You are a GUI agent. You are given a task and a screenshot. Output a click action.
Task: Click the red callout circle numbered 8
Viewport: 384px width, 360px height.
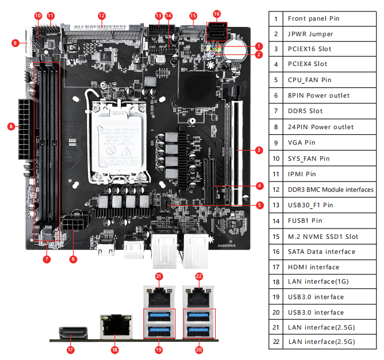(x=11, y=126)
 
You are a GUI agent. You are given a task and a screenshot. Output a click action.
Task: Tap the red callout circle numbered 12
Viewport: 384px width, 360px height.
(x=102, y=16)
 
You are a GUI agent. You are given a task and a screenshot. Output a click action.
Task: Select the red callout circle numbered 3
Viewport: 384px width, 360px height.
(x=259, y=150)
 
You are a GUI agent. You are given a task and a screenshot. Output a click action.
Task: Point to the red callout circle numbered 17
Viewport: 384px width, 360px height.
(x=71, y=349)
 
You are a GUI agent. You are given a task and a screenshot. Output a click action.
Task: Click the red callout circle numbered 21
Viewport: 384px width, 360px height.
(x=159, y=277)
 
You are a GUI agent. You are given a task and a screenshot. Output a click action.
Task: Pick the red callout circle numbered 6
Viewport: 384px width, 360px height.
(x=73, y=259)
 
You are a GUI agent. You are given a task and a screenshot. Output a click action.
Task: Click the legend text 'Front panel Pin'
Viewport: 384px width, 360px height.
(x=313, y=18)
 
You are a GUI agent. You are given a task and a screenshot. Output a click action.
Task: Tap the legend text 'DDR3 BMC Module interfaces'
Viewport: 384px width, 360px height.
(x=331, y=189)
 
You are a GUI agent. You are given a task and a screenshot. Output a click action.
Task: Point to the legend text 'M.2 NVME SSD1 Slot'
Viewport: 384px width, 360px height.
(x=323, y=236)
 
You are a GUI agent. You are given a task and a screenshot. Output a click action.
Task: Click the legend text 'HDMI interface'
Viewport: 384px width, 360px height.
(x=313, y=267)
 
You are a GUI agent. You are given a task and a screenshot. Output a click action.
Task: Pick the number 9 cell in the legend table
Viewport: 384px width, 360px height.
(x=276, y=142)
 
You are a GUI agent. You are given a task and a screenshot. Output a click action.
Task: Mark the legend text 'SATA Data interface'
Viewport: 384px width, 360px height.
(x=321, y=251)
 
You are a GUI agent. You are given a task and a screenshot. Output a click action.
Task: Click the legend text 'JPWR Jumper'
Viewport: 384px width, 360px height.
(x=310, y=34)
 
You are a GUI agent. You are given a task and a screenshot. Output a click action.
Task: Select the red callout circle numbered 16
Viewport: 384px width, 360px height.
(x=216, y=14)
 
